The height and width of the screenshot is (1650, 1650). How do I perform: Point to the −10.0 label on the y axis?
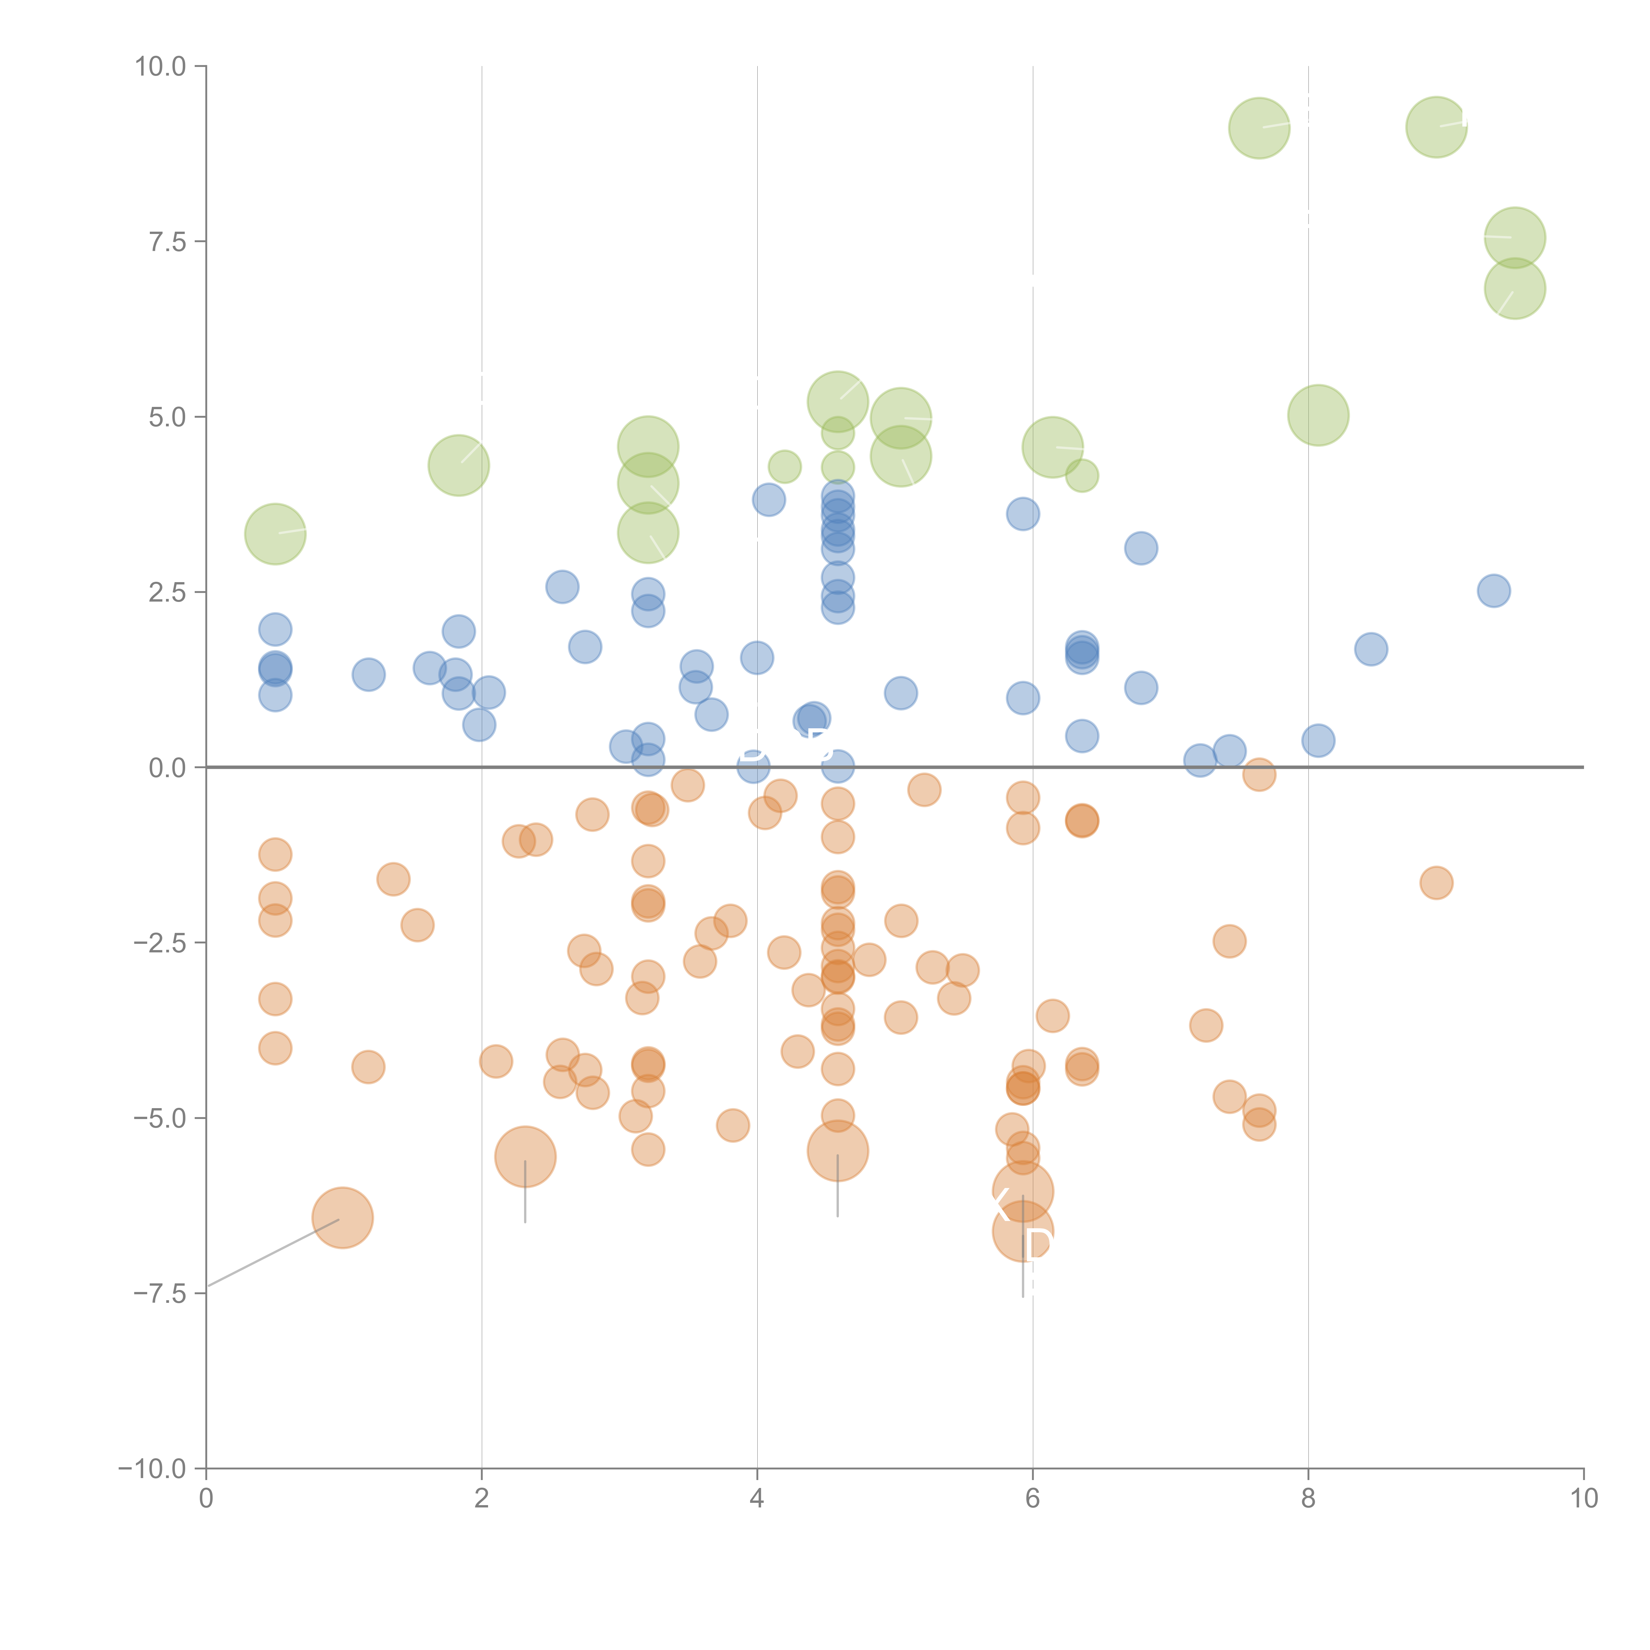click(152, 1469)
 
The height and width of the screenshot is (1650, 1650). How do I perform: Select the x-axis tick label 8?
click(1308, 1499)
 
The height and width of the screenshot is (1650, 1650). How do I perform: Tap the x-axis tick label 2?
click(482, 1499)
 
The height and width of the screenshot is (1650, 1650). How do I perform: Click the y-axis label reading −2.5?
click(160, 943)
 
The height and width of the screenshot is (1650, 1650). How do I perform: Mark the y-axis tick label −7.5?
click(160, 1294)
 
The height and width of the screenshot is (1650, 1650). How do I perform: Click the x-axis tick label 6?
click(1033, 1499)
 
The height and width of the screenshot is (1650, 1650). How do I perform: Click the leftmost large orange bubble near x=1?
click(343, 1218)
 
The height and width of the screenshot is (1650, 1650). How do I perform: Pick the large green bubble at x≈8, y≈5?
click(1318, 415)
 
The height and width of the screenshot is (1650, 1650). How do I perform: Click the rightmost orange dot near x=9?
click(1436, 882)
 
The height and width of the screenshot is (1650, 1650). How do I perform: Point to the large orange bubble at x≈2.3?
click(525, 1157)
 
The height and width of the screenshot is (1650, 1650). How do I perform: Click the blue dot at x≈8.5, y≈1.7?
click(1371, 649)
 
